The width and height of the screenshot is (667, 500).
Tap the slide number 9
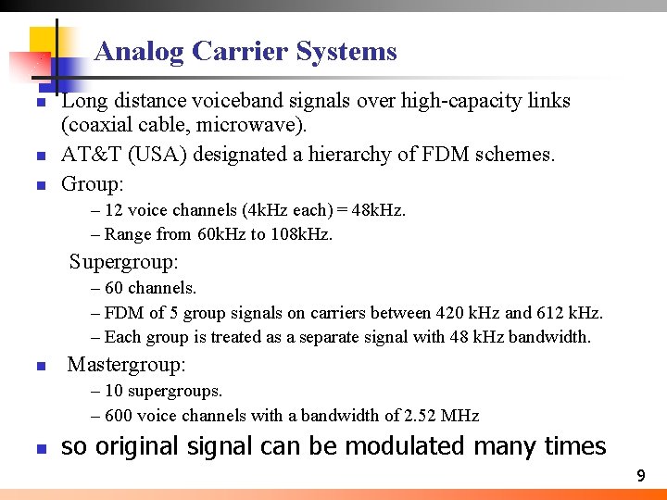(x=640, y=476)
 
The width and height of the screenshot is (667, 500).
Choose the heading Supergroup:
(x=124, y=262)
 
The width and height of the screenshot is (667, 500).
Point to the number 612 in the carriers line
(x=548, y=313)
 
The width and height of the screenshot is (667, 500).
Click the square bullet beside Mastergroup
(x=40, y=367)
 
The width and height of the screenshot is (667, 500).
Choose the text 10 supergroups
(x=164, y=391)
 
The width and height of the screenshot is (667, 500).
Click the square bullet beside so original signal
(x=40, y=449)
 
